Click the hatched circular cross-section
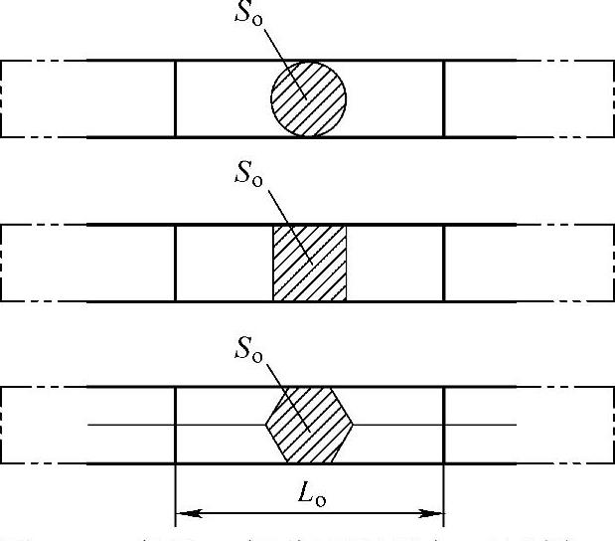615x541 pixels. [x=309, y=98]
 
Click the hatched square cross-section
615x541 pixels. [x=309, y=263]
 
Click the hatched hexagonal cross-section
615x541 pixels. [x=309, y=426]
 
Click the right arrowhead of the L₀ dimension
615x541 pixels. [x=433, y=514]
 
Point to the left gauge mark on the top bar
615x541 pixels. [x=175, y=98]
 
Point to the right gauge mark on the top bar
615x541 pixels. [x=444, y=98]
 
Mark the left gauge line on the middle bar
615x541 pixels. [x=175, y=263]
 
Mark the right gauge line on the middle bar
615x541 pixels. [x=444, y=263]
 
